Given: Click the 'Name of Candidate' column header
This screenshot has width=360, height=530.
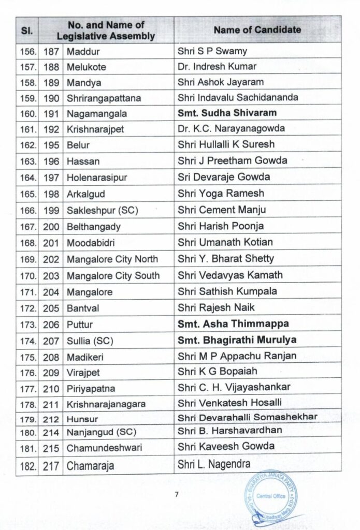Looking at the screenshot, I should (257, 30).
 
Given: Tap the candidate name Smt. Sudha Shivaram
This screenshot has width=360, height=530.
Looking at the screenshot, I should (227, 113).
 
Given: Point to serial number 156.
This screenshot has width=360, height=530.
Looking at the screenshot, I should (27, 51).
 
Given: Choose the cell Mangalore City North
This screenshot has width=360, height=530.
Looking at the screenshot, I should (112, 259).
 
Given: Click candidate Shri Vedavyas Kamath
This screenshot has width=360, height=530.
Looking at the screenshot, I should (230, 275).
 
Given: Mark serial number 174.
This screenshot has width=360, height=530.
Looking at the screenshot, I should (27, 341).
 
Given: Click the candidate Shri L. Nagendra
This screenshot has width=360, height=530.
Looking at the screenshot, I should (214, 464).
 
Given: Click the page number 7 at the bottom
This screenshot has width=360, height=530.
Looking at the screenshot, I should (177, 494).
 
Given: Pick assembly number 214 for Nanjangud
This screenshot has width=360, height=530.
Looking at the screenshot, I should (52, 430).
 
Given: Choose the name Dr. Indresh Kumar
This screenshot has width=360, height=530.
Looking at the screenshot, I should (217, 67).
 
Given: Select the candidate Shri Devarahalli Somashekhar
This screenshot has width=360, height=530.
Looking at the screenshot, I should (247, 417).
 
